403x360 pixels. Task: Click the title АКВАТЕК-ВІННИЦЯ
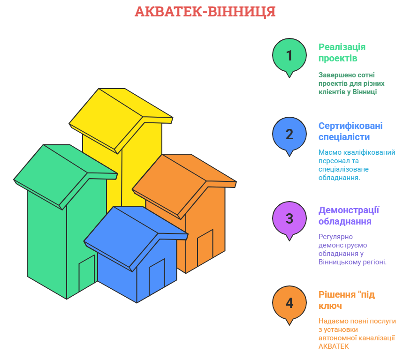coord(205,11)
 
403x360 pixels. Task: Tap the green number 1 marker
coord(289,56)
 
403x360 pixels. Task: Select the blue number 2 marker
coord(289,135)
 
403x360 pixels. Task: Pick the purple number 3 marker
coord(289,219)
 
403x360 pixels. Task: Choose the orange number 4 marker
coord(289,303)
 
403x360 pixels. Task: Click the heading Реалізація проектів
coord(342,52)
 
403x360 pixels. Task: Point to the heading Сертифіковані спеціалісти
coord(350,131)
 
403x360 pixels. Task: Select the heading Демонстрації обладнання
coord(349,216)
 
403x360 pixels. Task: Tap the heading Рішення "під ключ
coord(346,300)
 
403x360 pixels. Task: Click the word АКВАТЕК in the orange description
coord(334,346)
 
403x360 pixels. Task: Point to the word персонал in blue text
coord(334,161)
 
